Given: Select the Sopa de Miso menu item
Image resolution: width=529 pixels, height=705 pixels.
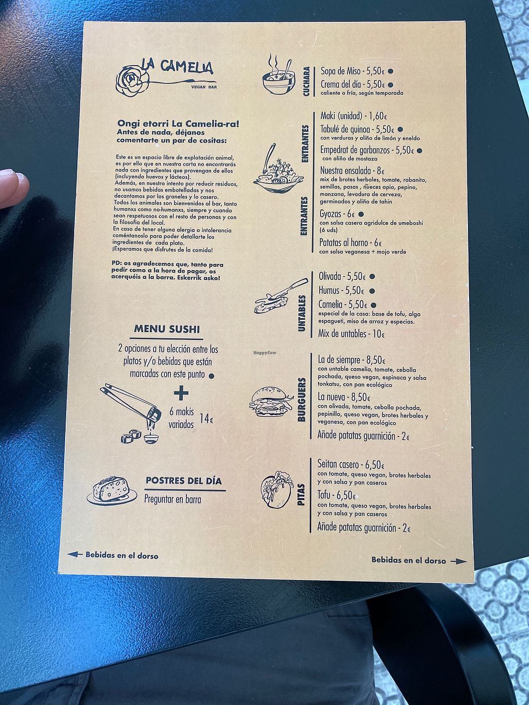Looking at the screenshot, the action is [356, 71].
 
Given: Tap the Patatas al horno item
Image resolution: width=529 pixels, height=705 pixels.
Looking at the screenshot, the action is [351, 243].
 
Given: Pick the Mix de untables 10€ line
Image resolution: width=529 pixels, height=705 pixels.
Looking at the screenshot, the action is [351, 334].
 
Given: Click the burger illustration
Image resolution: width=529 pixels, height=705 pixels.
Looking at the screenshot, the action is [272, 402].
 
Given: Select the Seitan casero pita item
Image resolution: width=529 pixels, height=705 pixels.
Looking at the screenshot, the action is [351, 464].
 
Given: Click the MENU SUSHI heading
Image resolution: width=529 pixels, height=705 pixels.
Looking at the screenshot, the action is [167, 329].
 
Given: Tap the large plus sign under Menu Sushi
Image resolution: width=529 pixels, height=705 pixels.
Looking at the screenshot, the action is [181, 394].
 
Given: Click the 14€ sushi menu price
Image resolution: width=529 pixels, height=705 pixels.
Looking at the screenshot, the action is [206, 418].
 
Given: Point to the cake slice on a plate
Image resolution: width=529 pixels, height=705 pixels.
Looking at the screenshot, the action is [112, 490].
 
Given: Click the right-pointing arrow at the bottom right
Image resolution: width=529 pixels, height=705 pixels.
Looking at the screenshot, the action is [459, 561].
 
